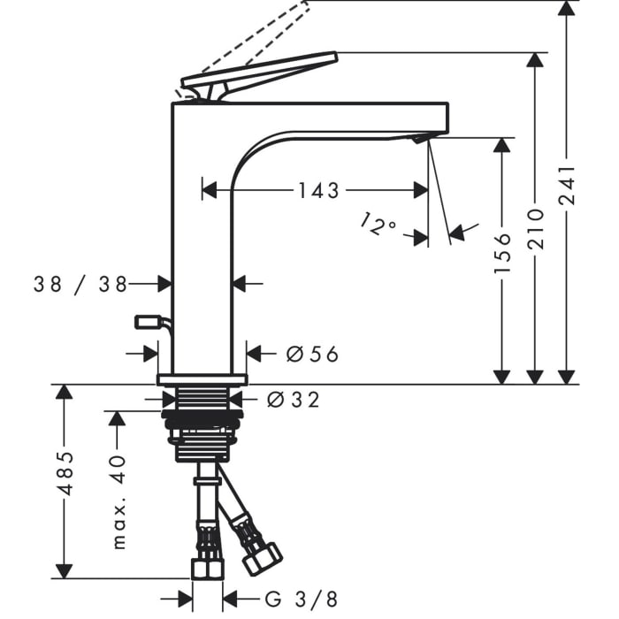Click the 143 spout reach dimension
(x=318, y=191)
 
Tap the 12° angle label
(x=378, y=224)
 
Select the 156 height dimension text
(x=502, y=253)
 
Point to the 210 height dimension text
(x=535, y=229)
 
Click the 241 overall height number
(x=568, y=185)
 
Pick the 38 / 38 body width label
(x=80, y=284)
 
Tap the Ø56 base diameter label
(x=312, y=354)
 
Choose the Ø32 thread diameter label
(x=293, y=400)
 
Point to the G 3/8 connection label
(x=302, y=600)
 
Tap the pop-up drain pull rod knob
(x=149, y=322)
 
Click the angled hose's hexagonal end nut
(x=263, y=559)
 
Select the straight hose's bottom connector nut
(x=208, y=569)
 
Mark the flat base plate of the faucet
(x=203, y=379)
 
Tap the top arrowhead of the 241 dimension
(x=568, y=9)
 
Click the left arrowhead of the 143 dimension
(x=210, y=191)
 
